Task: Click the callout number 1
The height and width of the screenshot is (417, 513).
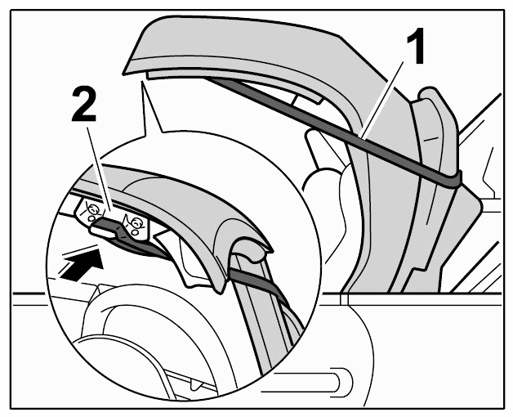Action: pyautogui.click(x=415, y=46)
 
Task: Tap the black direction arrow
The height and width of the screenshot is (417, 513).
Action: pyautogui.click(x=81, y=264)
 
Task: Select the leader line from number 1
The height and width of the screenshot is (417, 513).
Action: pyautogui.click(x=381, y=100)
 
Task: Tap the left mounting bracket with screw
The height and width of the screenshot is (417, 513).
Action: pyautogui.click(x=89, y=211)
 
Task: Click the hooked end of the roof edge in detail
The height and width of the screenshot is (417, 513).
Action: pyautogui.click(x=252, y=249)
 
